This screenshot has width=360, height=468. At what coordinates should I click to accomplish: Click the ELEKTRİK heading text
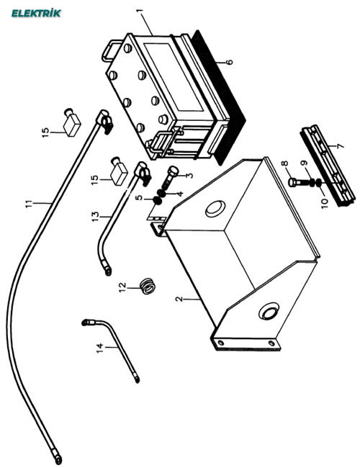coord(36,13)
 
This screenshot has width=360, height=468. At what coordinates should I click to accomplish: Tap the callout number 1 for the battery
coord(140,12)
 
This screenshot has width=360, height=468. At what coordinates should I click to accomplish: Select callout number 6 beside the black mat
coord(229,62)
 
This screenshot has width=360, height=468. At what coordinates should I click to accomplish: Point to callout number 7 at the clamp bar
coord(340,145)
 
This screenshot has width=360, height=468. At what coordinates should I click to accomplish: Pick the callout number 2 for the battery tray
coord(179,299)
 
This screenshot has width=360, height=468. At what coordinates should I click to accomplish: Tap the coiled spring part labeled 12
coord(148,287)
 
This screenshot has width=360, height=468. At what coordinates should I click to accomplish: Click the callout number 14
coord(100,348)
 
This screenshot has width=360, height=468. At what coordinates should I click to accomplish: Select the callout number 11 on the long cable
coord(28,204)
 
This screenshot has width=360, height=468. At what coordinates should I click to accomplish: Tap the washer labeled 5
coord(157,201)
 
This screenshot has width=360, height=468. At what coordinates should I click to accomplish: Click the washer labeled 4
coord(161,193)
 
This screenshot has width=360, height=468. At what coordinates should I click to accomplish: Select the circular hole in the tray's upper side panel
coord(215,209)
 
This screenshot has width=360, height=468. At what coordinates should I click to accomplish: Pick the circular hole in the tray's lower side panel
coord(269,311)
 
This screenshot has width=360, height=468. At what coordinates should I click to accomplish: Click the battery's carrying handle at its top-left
coord(110,50)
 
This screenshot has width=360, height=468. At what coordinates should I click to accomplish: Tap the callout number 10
coord(325,202)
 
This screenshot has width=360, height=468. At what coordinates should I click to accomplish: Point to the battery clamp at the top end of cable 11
coord(104,120)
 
